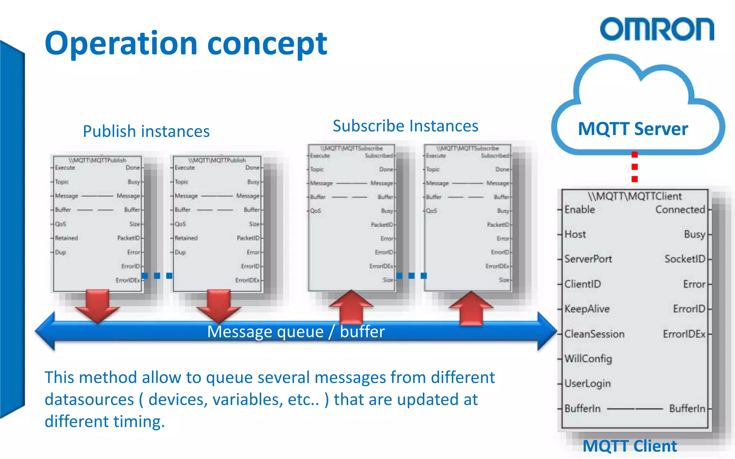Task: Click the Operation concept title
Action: pyautogui.click(x=186, y=43)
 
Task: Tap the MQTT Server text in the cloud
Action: pyautogui.click(x=633, y=129)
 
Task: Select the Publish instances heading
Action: pyautogui.click(x=146, y=131)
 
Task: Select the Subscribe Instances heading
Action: pyautogui.click(x=405, y=126)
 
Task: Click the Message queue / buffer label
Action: pyautogui.click(x=296, y=331)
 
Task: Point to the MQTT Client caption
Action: pyautogui.click(x=629, y=446)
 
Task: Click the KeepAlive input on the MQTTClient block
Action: pyautogui.click(x=587, y=309)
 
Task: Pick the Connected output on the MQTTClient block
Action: pyautogui.click(x=680, y=209)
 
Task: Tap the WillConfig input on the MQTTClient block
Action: pyautogui.click(x=588, y=359)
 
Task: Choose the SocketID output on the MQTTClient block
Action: pyautogui.click(x=684, y=259)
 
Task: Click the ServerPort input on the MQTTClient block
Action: pyautogui.click(x=588, y=259)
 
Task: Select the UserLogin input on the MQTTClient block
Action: pyautogui.click(x=587, y=383)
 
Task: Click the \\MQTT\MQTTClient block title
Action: pyautogui.click(x=635, y=196)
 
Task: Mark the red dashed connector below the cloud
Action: pyautogui.click(x=635, y=167)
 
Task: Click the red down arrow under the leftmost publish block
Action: pyautogui.click(x=97, y=305)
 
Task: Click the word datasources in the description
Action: pyautogui.click(x=89, y=399)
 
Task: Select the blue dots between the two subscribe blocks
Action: pyautogui.click(x=411, y=275)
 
